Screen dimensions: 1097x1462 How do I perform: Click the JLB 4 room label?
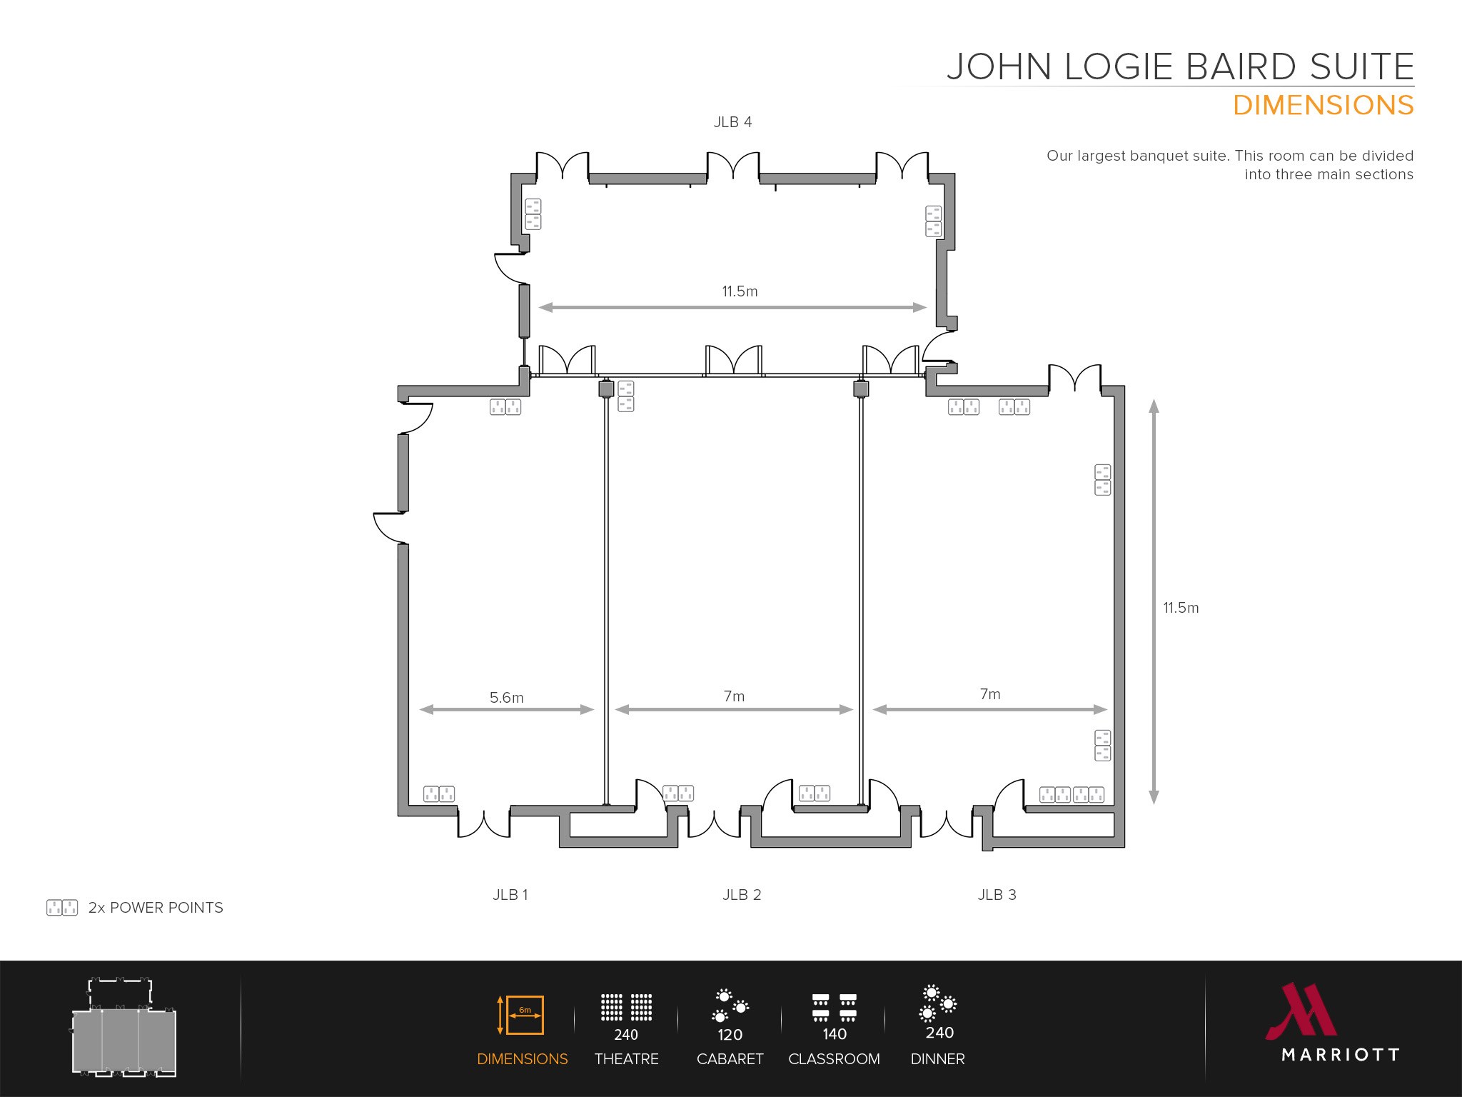click(x=732, y=122)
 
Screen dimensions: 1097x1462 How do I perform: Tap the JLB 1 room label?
click(x=510, y=895)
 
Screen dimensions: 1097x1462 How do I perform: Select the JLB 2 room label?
click(x=741, y=895)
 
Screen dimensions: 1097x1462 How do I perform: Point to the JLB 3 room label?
click(x=997, y=895)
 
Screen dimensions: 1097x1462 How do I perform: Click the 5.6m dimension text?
click(x=506, y=698)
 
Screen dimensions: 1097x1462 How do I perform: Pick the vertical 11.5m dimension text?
click(x=1181, y=608)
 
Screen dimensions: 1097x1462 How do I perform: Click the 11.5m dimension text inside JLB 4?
click(x=740, y=291)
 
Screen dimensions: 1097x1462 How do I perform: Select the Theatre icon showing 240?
click(x=626, y=1008)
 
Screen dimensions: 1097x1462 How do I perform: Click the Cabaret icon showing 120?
click(x=730, y=1006)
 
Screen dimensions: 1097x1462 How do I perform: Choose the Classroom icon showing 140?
click(x=834, y=1008)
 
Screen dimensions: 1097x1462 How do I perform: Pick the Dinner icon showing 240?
click(x=938, y=1003)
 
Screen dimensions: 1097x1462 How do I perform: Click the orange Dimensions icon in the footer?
click(x=522, y=1015)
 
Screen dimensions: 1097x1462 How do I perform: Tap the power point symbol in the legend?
click(x=62, y=908)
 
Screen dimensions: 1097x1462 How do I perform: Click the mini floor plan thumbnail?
click(x=123, y=1028)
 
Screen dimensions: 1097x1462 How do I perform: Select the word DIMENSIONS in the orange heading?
click(x=1323, y=106)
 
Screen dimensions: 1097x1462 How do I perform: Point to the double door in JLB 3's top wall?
click(x=1074, y=379)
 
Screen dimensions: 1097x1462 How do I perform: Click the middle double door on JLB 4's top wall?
click(x=732, y=166)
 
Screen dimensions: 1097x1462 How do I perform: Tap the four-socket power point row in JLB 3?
click(x=1072, y=795)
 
